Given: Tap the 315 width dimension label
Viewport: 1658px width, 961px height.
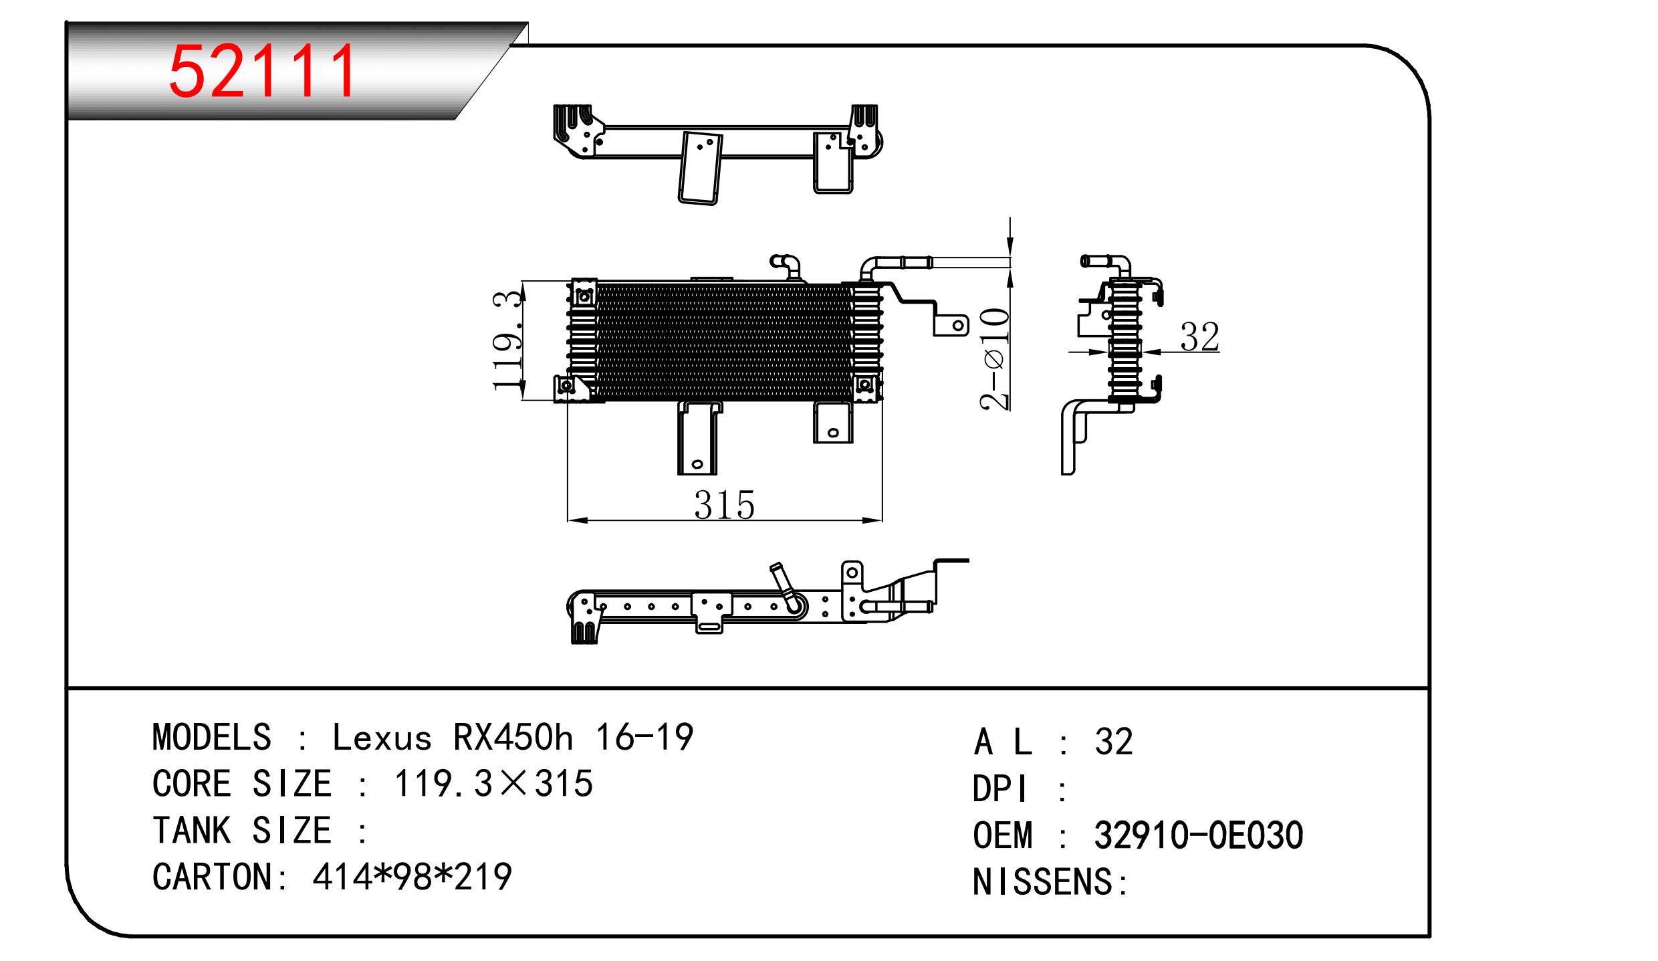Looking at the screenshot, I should pyautogui.click(x=724, y=506).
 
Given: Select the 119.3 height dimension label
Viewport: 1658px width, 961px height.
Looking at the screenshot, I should pyautogui.click(x=507, y=340).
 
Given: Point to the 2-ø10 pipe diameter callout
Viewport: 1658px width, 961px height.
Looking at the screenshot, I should pyautogui.click(x=995, y=358).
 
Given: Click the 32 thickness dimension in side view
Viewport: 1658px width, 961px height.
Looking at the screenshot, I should pyautogui.click(x=1199, y=336).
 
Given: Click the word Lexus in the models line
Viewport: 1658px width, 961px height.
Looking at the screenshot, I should pyautogui.click(x=382, y=738).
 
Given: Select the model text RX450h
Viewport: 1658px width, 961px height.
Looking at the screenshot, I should pyautogui.click(x=513, y=738).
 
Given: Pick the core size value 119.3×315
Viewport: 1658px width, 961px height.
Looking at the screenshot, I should pyautogui.click(x=493, y=784).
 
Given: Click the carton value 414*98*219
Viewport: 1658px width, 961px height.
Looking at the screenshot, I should pyautogui.click(x=412, y=877).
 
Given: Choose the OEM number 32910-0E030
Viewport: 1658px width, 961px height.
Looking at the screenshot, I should pyautogui.click(x=1198, y=835).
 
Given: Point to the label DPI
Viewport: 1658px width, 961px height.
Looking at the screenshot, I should pyautogui.click(x=1000, y=789).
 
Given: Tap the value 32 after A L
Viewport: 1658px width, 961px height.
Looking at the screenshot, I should pyautogui.click(x=1114, y=742).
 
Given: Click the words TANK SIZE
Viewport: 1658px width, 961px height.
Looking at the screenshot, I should pyautogui.click(x=241, y=831).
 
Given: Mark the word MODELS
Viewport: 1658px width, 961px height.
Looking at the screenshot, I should pyautogui.click(x=212, y=738).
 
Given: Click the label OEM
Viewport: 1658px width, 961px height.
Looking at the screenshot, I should pyautogui.click(x=1002, y=835).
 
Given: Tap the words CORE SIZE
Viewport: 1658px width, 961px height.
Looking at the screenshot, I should pyautogui.click(x=241, y=784).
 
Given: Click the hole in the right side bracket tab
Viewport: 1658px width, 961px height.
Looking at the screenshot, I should pyautogui.click(x=957, y=326).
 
